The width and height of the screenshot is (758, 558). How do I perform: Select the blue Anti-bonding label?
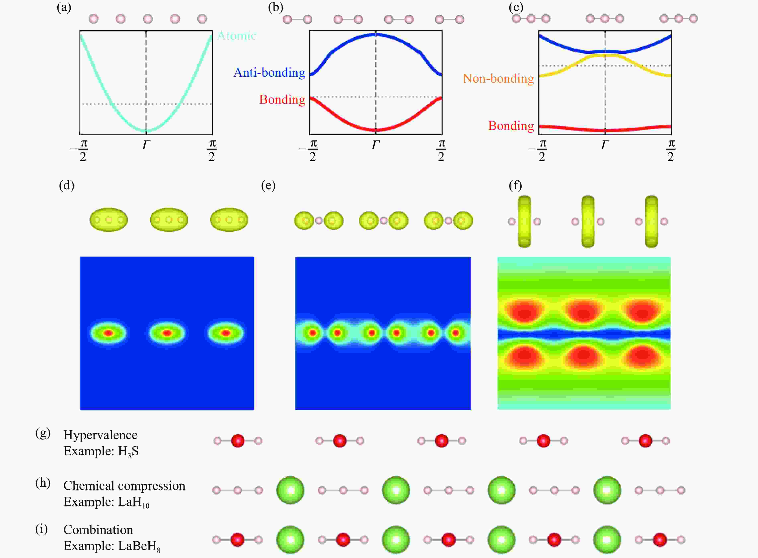[x=269, y=72]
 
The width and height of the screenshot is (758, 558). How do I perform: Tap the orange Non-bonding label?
[x=498, y=78]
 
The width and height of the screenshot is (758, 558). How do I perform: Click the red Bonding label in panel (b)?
[x=282, y=99]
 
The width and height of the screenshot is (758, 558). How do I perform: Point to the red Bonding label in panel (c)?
[x=511, y=126]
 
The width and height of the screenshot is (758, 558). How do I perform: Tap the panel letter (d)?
[x=67, y=185]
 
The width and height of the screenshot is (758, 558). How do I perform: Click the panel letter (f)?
[x=515, y=185]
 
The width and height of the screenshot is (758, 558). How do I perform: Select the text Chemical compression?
[x=124, y=486]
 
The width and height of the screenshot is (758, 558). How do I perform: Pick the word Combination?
[x=98, y=530]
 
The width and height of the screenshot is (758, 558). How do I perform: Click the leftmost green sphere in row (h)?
[x=290, y=490]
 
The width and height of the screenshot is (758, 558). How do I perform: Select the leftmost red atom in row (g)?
[x=238, y=441]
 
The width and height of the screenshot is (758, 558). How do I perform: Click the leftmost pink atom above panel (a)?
[x=94, y=19]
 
